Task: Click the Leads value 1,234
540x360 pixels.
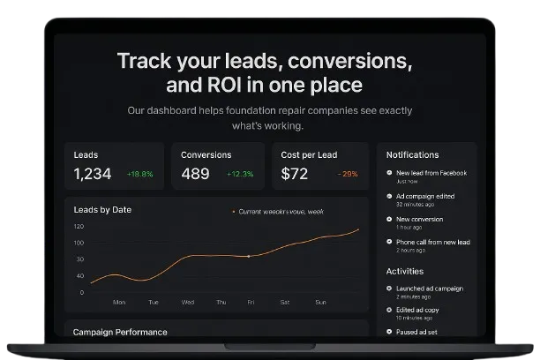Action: pyautogui.click(x=93, y=174)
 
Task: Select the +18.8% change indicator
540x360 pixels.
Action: pyautogui.click(x=139, y=175)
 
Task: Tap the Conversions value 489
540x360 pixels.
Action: pyautogui.click(x=195, y=174)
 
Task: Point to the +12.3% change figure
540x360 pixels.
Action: pyautogui.click(x=241, y=175)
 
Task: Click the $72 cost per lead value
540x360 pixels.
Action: pyautogui.click(x=294, y=174)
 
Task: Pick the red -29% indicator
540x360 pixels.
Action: pyautogui.click(x=348, y=175)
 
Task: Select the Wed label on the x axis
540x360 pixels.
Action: pyautogui.click(x=188, y=302)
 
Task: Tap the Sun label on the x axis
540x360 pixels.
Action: pyautogui.click(x=321, y=302)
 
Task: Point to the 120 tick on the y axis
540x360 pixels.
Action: pyautogui.click(x=79, y=227)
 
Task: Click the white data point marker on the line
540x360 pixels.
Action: pyautogui.click(x=249, y=256)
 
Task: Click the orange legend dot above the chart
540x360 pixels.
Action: pyautogui.click(x=233, y=212)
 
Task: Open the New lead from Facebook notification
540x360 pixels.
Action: pyautogui.click(x=431, y=173)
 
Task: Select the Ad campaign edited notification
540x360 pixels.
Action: pyautogui.click(x=425, y=196)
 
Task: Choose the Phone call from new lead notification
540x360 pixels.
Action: pyautogui.click(x=432, y=242)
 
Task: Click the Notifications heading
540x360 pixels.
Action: pyautogui.click(x=412, y=154)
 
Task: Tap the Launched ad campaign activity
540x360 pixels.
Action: pyautogui.click(x=429, y=289)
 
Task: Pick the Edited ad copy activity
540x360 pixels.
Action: pyautogui.click(x=417, y=311)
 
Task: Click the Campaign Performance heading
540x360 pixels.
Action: pyautogui.click(x=119, y=332)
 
